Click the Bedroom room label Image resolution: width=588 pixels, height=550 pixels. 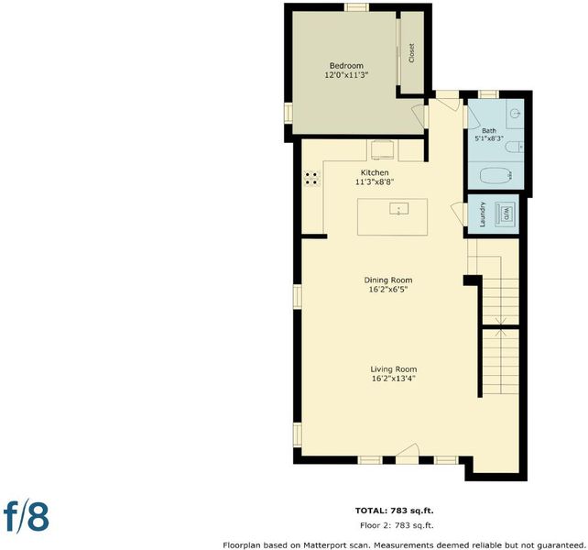coord(346,66)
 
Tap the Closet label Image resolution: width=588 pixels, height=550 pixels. coord(412,53)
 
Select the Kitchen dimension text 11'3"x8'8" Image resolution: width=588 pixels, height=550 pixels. coord(375,182)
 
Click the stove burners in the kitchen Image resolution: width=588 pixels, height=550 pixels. coord(312,179)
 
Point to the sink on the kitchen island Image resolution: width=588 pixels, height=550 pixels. coord(398,209)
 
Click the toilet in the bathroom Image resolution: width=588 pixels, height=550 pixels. coord(514,147)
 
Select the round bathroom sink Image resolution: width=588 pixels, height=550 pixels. coord(516,112)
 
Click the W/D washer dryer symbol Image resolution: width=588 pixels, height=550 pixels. coord(506,214)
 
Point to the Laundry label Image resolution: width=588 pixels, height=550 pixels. coord(483,214)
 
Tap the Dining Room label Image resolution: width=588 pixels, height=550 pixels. coord(388,280)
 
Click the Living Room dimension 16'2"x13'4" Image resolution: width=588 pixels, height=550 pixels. coord(394,379)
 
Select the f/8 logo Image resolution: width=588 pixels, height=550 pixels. coord(27,517)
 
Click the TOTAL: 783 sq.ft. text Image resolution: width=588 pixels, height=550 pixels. coord(395,511)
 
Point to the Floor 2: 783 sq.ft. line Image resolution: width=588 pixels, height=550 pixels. coord(397,525)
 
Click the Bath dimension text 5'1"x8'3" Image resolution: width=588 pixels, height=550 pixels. coord(489,138)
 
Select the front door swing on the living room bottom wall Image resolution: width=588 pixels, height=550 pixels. coord(408,449)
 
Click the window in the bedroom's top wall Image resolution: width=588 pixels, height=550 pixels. coord(356,7)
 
